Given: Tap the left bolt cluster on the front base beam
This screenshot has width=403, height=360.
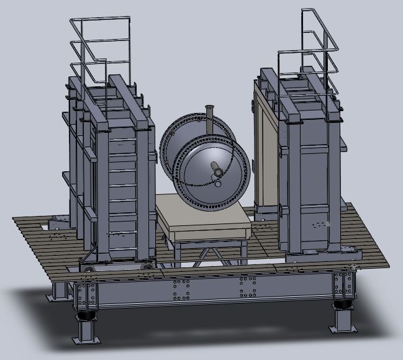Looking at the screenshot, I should click(x=181, y=289).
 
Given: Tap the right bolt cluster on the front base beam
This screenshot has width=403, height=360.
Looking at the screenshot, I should click(x=249, y=286).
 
